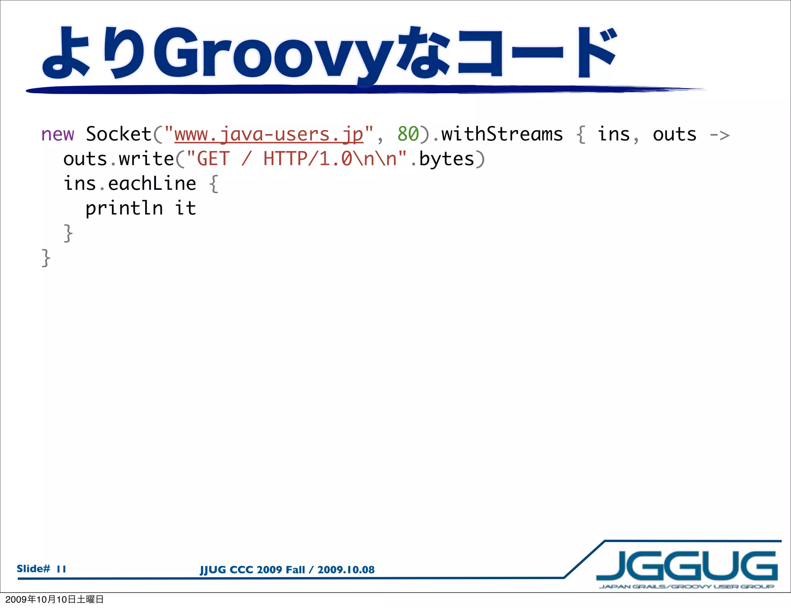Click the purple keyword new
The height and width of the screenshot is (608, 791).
point(58,135)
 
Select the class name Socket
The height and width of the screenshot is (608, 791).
point(119,135)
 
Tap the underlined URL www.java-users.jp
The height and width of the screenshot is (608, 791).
point(269,135)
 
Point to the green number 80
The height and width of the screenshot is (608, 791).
point(408,135)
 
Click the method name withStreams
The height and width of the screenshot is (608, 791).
point(502,135)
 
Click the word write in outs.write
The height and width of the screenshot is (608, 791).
point(146,159)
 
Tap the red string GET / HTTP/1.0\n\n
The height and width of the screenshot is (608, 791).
point(297,159)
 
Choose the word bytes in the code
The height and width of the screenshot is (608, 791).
point(446,159)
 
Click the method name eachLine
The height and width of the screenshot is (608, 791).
point(152,184)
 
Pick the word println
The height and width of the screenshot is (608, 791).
point(124,209)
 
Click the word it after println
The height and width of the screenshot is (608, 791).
point(185,209)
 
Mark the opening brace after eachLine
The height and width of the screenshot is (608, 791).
point(214,184)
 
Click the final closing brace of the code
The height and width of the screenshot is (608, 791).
point(46,258)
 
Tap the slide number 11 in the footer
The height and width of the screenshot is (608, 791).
point(61,569)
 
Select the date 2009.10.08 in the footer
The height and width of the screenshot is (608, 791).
point(346,570)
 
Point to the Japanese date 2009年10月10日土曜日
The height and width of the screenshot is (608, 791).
point(54,599)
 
